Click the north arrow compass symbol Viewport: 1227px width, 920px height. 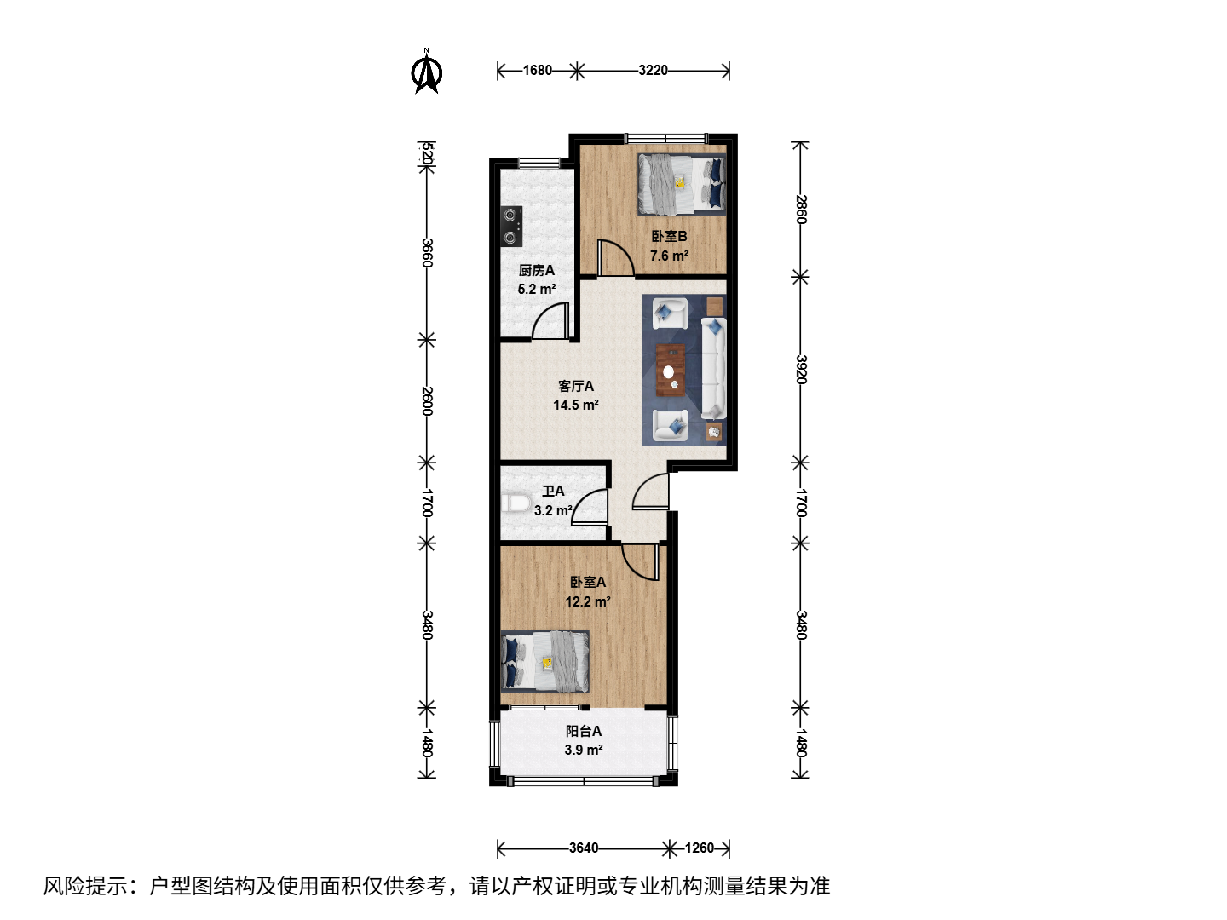coord(427,72)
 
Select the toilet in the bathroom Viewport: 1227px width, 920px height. coord(516,503)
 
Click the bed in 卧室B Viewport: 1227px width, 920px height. coord(682,185)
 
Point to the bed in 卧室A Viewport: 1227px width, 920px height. coord(545,662)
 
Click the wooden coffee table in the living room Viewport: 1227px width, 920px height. coord(671,371)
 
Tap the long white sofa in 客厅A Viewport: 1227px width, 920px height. coord(713,368)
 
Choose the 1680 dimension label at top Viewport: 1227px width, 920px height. coord(537,71)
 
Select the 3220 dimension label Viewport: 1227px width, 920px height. coord(653,71)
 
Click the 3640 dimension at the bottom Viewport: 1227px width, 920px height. coord(584,848)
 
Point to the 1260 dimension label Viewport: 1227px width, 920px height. coord(700,848)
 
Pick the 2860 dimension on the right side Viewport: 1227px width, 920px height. coord(801,209)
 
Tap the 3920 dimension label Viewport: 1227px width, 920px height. coord(801,369)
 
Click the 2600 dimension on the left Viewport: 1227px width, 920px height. coord(427,401)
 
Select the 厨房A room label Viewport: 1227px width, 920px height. coord(537,270)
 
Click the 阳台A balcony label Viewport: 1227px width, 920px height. coord(584,731)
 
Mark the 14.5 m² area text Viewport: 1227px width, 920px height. coord(576,405)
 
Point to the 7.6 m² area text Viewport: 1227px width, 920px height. coord(669,256)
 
